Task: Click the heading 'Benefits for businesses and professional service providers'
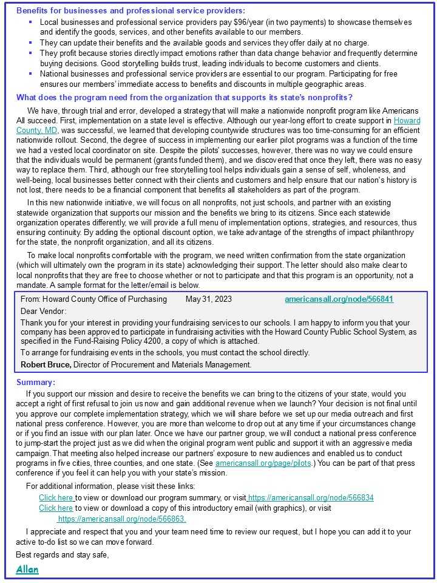tap(130, 10)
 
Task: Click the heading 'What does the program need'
tap(184, 97)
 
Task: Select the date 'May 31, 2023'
tap(208, 299)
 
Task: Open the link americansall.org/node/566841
tap(339, 299)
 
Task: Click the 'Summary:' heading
tap(35, 382)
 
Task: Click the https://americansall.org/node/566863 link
tap(121, 519)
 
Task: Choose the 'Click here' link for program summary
tap(56, 498)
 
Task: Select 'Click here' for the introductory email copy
tap(56, 508)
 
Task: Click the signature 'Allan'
tap(27, 569)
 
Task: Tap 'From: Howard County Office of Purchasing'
tap(93, 299)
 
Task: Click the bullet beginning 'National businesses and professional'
tap(218, 74)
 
